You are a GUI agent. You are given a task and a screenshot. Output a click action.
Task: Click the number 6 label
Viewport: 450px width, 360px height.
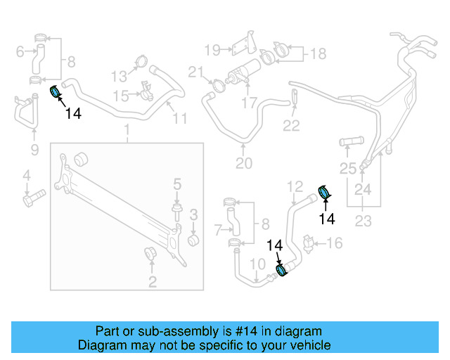coord(20,51)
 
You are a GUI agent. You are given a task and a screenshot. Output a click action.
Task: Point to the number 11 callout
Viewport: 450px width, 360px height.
coord(180,119)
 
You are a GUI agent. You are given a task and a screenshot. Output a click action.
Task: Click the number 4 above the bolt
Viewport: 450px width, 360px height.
coord(26,175)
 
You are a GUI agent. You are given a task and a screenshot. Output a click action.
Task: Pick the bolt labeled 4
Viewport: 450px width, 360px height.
coord(32,198)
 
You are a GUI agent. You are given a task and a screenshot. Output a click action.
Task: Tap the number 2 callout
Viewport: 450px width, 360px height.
coord(152,283)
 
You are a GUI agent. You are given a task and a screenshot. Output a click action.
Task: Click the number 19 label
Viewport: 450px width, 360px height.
coord(212,49)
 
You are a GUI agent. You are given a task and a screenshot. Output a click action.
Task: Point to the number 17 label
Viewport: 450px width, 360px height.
coord(249,103)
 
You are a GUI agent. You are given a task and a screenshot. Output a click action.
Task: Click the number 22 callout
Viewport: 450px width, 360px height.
coord(291,126)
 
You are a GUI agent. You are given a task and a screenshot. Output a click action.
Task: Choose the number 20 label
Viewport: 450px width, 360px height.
coord(243,164)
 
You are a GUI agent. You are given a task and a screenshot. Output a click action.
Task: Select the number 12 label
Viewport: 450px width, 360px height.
coord(295,186)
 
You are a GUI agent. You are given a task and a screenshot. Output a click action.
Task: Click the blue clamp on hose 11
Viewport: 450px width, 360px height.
coord(54,91)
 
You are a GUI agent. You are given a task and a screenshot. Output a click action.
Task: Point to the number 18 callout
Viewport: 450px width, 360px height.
coord(318,53)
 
